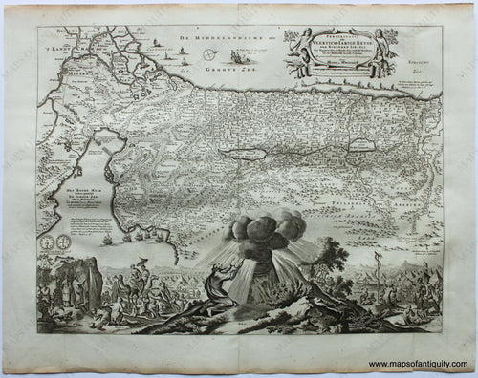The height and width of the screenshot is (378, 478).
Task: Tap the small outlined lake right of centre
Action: (x=362, y=145)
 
